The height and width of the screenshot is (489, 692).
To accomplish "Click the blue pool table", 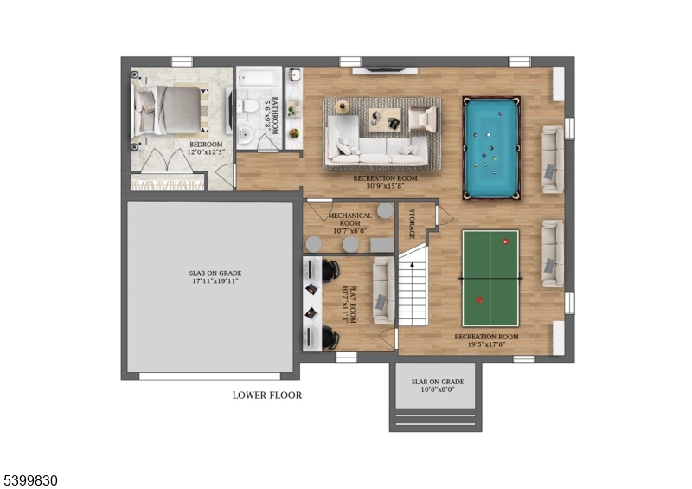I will point(491,148).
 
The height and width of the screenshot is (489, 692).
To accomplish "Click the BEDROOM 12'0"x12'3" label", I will point(206,148).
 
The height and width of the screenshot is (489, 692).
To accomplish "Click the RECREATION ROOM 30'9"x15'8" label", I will point(385,183).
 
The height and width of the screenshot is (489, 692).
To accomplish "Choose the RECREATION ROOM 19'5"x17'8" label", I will point(486,339).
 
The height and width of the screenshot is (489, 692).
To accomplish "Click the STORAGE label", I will point(412,223).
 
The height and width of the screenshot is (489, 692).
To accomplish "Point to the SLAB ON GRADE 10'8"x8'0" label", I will point(437,386).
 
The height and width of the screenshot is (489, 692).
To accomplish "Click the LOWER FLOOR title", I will point(266,396).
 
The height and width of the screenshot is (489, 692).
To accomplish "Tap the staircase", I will point(413,290).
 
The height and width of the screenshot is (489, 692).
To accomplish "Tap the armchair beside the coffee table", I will point(422,119).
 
